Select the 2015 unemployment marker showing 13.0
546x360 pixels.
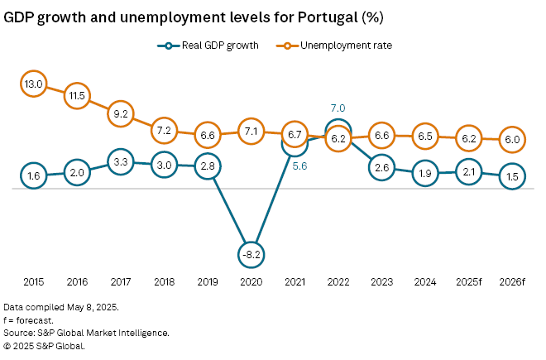click(x=34, y=84)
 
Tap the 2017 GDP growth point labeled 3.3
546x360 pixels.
click(x=120, y=162)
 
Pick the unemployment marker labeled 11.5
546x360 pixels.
click(x=77, y=95)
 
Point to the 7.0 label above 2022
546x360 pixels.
click(x=338, y=108)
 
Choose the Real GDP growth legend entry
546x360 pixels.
click(x=208, y=46)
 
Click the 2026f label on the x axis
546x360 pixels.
click(x=512, y=282)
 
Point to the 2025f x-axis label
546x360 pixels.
click(x=469, y=282)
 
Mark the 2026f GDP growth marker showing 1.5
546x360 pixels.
click(x=512, y=176)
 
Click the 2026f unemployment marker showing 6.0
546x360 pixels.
click(x=512, y=140)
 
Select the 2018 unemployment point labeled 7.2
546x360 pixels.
click(x=163, y=130)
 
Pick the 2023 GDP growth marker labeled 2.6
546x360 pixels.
click(x=381, y=168)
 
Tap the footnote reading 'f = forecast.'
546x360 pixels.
click(x=31, y=320)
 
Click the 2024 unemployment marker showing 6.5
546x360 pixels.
click(x=425, y=136)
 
